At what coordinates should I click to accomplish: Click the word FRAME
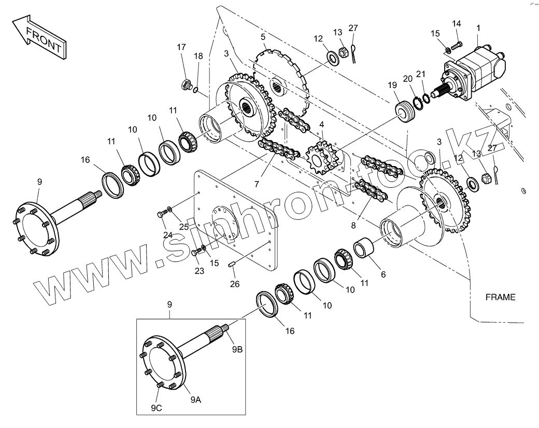coord(500,297)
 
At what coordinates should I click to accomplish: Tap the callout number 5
coord(263,37)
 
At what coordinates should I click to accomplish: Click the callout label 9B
coord(237,349)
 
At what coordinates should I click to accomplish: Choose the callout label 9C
coord(157,408)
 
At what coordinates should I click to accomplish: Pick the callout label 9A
coord(195,399)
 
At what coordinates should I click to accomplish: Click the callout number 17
coord(181,47)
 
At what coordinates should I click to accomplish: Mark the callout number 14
coord(456,23)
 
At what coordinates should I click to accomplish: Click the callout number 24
coord(168,234)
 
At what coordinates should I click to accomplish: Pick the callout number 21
coord(421,74)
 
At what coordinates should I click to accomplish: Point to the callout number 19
coord(392,85)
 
